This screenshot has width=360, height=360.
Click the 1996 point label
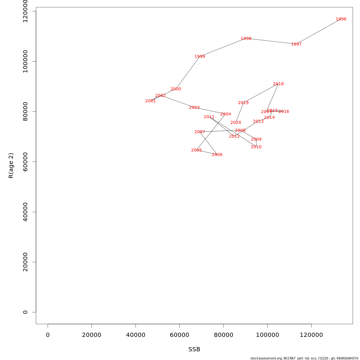tap(341, 19)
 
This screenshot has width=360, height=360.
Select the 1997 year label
tap(296, 44)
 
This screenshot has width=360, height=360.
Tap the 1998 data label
tap(246, 39)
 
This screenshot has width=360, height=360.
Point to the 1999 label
tap(199, 57)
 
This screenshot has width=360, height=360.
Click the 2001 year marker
tap(150, 101)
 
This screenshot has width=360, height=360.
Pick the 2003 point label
tap(194, 108)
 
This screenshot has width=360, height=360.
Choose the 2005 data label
tap(196, 150)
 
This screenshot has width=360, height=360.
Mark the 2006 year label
tap(217, 155)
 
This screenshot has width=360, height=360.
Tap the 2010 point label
tap(256, 147)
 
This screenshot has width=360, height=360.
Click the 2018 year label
tap(278, 84)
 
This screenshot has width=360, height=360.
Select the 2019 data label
tap(243, 103)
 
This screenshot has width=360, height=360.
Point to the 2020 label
tap(235, 123)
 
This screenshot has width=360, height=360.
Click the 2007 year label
tap(199, 132)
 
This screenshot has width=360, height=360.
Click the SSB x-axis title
tap(194, 349)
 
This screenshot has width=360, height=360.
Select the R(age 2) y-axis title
tap(11, 166)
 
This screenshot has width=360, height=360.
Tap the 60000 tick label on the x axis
tap(179, 335)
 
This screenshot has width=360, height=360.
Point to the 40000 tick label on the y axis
tap(25, 212)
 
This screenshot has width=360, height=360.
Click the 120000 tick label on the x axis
tap(311, 335)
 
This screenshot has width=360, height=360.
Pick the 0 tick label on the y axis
tap(25, 312)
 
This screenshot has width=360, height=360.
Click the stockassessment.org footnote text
tap(304, 358)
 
